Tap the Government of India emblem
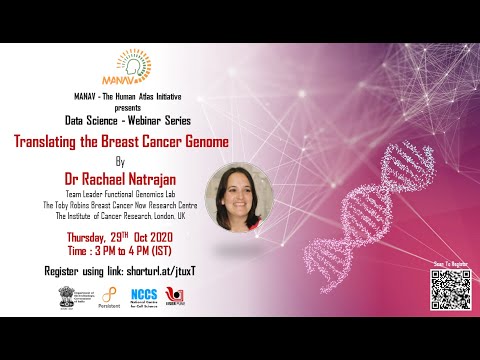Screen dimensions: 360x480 click(x=66, y=296)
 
